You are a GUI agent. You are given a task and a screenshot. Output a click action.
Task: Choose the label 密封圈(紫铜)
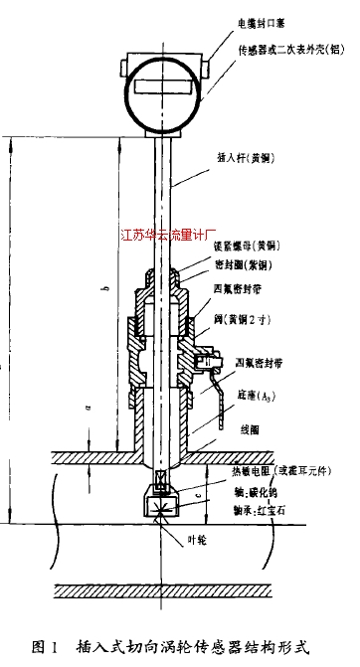tap(245, 265)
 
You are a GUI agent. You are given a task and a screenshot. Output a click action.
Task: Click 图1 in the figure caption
tap(44, 647)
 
